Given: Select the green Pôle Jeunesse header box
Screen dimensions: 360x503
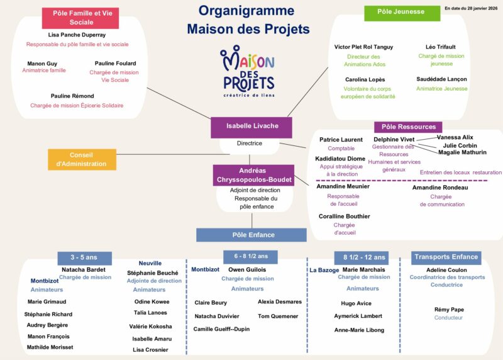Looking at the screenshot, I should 402,12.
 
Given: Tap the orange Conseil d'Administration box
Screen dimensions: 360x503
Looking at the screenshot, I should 82,159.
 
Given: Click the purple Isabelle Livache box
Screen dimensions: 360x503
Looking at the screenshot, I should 252,127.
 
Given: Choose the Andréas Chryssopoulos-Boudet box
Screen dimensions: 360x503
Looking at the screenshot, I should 253,175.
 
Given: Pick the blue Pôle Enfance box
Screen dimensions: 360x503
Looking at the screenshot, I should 251,235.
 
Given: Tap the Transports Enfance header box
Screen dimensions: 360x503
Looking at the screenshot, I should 446,257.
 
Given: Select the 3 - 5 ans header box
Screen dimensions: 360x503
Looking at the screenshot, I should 84,258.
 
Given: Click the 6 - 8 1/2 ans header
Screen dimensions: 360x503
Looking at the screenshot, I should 250,256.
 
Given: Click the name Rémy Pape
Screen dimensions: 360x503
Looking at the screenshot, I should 449,310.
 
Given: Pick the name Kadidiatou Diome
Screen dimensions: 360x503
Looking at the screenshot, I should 340,159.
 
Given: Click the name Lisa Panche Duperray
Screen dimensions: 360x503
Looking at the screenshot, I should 77,35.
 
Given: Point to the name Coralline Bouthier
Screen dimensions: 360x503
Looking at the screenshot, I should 344,217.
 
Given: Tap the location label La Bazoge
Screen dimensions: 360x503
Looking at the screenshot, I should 324,270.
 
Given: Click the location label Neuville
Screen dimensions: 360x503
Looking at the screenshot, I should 150,263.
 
